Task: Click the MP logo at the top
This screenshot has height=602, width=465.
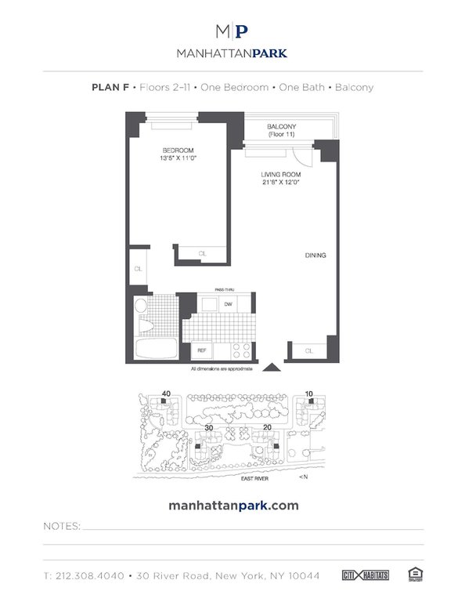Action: tap(232, 31)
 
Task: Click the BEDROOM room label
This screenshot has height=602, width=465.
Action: tap(178, 150)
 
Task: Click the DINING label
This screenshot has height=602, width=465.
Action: tap(315, 256)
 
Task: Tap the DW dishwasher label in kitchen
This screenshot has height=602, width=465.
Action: tap(229, 304)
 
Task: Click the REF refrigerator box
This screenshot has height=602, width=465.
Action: tap(201, 350)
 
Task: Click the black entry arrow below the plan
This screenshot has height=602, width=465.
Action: tap(271, 367)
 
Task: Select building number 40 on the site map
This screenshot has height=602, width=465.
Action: tap(165, 393)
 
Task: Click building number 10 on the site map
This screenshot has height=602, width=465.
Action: tap(309, 393)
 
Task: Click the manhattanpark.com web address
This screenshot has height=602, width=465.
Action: tap(233, 506)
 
